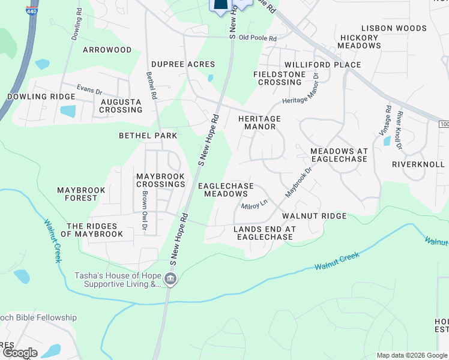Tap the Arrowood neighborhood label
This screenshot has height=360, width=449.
[107, 50]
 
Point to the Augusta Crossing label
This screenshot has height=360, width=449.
[121, 106]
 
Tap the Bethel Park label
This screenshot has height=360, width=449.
[148, 136]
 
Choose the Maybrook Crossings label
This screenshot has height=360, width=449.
[160, 180]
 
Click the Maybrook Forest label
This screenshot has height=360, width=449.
[81, 194]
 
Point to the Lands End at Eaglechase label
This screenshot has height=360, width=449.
[265, 233]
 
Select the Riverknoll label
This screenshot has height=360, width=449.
[418, 164]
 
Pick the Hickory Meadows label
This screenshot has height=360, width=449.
[360, 41]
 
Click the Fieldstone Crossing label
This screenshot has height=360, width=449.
[280, 78]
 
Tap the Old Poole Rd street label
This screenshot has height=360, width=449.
[258, 38]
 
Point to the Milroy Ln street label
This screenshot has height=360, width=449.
[254, 205]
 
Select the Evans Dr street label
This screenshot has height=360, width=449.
[89, 89]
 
